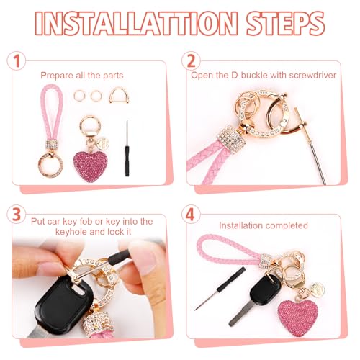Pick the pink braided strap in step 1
pos(51,115)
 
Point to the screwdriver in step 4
pos(220,289)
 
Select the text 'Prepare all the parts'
pos(81,75)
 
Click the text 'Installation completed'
pos(264,226)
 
